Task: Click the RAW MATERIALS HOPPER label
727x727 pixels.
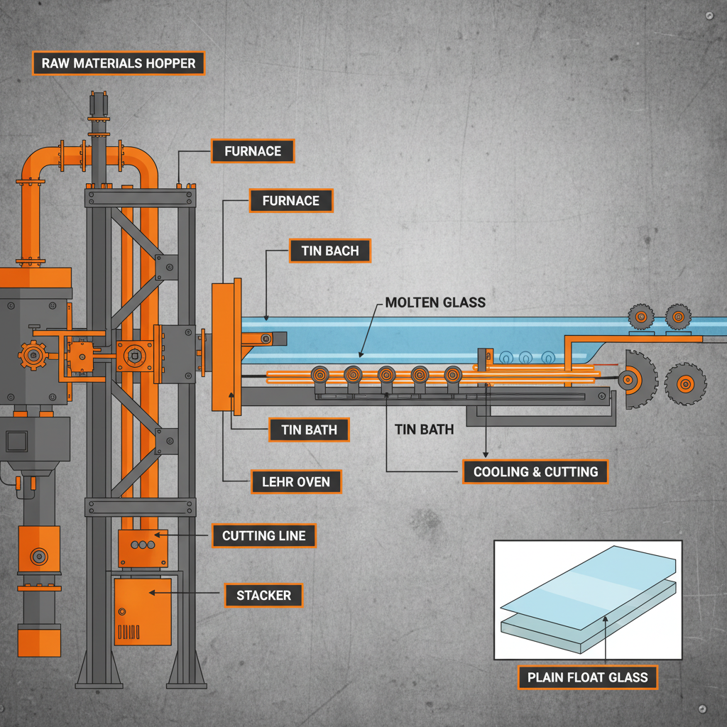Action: coord(119,63)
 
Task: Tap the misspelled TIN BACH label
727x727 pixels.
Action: coord(330,251)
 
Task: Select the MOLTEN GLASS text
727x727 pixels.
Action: coord(435,302)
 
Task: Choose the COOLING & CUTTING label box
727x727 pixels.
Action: coord(535,471)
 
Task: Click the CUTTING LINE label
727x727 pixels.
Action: coord(263,535)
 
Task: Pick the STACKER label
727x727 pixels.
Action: coord(263,595)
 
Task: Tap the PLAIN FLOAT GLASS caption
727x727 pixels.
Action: coord(587,677)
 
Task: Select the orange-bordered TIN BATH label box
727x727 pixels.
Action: coord(309,430)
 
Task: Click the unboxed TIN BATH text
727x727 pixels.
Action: coord(424,430)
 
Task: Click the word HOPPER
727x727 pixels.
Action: coord(168,63)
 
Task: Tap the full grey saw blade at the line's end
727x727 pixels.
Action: coord(684,384)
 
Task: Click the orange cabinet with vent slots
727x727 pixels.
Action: coord(142,611)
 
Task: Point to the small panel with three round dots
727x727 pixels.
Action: coord(141,545)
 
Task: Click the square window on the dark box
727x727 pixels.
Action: coord(16,442)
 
